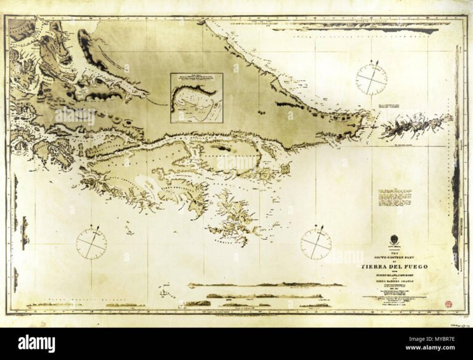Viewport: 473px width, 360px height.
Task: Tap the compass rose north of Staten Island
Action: (x=371, y=78)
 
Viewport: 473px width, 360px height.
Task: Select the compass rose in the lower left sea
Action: (x=91, y=242)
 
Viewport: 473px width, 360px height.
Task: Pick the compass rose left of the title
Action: (x=316, y=243)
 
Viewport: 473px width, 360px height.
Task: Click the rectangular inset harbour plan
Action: (x=196, y=98)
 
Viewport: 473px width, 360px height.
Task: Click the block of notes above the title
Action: (x=395, y=200)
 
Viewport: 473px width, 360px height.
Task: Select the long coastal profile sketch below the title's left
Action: (x=265, y=285)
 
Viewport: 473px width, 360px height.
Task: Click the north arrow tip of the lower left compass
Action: (x=96, y=227)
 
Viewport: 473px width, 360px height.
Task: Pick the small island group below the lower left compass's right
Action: (x=129, y=231)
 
